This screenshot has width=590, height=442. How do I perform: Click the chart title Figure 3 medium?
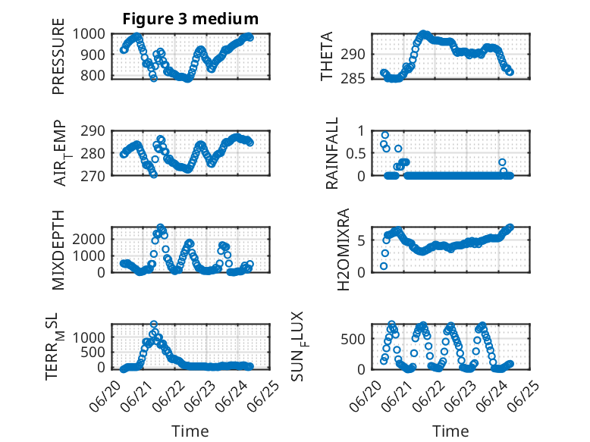click(x=190, y=19)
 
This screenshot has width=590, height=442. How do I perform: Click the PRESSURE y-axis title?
click(x=58, y=56)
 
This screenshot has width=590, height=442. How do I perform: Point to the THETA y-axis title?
click(x=327, y=56)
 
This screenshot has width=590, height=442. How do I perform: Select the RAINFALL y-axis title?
click(x=332, y=153)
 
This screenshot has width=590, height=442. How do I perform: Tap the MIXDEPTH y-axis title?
click(x=58, y=250)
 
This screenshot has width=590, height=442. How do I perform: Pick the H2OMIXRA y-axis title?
click(x=344, y=249)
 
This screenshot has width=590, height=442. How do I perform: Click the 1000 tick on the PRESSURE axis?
click(x=89, y=34)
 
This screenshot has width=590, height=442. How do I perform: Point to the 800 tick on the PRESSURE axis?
click(x=93, y=75)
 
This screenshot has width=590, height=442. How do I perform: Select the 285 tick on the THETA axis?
click(x=353, y=79)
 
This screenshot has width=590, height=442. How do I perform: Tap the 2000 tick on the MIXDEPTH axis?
click(x=89, y=239)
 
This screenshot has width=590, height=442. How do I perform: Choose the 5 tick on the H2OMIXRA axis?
click(x=362, y=240)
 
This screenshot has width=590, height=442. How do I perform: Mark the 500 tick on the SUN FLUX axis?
click(x=353, y=339)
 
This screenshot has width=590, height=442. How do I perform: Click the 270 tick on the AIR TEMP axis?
click(x=93, y=176)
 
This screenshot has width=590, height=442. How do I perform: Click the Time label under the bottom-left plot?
click(x=190, y=431)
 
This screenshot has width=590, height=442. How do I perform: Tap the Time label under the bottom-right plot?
click(x=450, y=431)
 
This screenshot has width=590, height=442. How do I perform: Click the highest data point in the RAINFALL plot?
click(x=385, y=135)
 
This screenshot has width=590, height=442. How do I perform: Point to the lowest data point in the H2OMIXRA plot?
click(x=384, y=266)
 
